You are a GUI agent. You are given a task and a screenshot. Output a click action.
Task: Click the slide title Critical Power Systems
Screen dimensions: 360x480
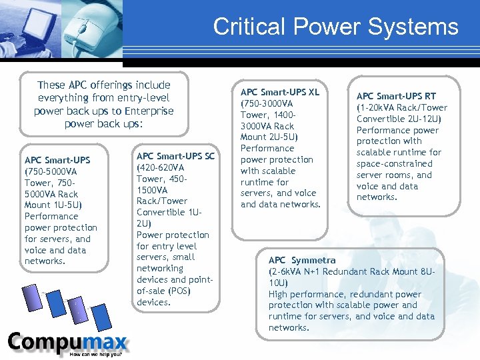pos(335,27)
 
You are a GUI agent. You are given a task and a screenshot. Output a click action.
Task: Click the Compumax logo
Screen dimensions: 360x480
pos(67,343)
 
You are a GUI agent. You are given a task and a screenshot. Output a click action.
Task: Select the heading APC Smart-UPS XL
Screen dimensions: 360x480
pos(280,92)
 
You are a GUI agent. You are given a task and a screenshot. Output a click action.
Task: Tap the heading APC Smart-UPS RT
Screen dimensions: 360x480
pos(396,96)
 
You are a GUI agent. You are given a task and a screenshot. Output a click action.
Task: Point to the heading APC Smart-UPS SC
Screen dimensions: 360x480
pos(175,156)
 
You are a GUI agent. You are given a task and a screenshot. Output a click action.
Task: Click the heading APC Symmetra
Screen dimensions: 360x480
pos(302,260)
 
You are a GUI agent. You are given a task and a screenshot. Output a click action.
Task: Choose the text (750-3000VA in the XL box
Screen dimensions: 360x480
pos(267,103)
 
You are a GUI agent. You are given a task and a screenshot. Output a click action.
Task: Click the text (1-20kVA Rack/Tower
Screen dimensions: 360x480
pos(402,107)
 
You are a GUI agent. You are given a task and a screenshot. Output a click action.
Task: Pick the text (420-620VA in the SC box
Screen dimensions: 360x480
pos(160,167)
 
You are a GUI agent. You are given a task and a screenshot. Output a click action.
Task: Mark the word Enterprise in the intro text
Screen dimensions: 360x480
pos(147,111)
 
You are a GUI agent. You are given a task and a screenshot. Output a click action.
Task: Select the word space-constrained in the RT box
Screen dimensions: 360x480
pos(394,163)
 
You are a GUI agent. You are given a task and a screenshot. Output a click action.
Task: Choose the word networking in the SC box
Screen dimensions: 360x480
pos(159,268)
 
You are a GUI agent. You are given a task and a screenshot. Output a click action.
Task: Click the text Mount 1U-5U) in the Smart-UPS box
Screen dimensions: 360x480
pos(52,205)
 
